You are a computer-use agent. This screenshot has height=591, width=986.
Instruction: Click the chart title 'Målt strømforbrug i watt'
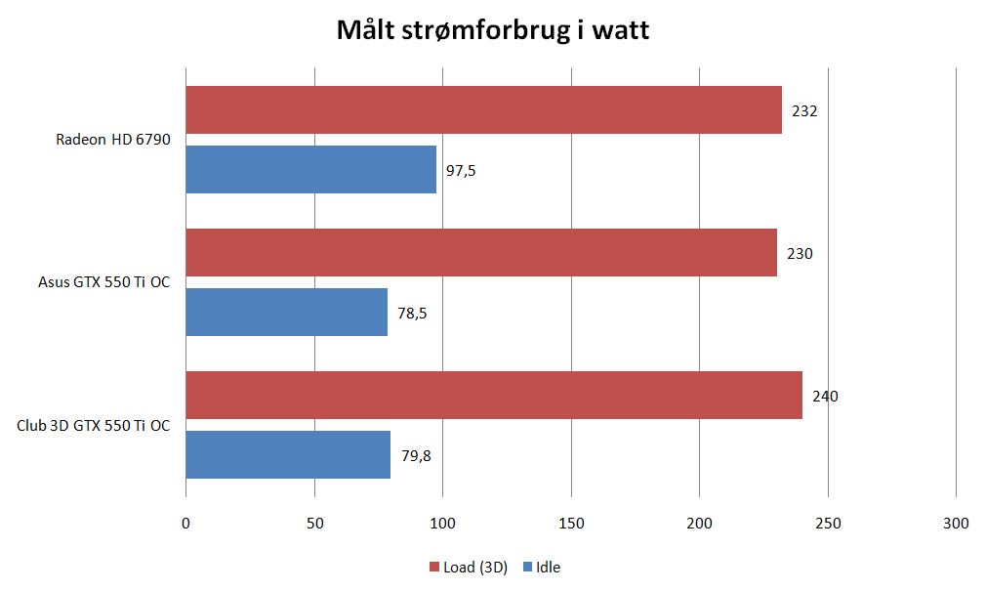[492, 31]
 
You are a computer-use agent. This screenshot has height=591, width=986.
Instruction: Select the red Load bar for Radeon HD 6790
[483, 109]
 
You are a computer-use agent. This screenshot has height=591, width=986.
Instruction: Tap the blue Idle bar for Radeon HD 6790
[310, 170]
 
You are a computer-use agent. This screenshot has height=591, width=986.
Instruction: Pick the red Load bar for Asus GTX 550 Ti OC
[481, 253]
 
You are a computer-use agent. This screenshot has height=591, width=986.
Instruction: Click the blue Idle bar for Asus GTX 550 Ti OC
[286, 312]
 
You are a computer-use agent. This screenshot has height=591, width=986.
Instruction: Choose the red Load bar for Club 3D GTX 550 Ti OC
[494, 396]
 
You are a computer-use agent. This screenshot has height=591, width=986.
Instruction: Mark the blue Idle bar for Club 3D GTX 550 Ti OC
[288, 454]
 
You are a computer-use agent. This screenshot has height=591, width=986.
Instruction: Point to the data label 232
[804, 111]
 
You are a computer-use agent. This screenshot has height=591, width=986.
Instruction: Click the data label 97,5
[461, 171]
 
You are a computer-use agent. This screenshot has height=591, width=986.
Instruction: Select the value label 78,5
[412, 314]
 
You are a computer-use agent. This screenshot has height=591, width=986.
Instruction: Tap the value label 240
[825, 397]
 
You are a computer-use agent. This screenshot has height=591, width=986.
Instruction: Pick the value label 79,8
[415, 456]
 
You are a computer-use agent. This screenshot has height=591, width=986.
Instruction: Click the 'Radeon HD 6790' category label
[113, 140]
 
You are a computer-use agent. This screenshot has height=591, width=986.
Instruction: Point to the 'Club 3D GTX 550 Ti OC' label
[94, 426]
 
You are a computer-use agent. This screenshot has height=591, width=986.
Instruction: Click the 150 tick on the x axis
[571, 524]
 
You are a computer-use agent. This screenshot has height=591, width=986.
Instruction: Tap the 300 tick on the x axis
[956, 524]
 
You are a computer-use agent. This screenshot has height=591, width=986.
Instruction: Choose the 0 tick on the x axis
[185, 524]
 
